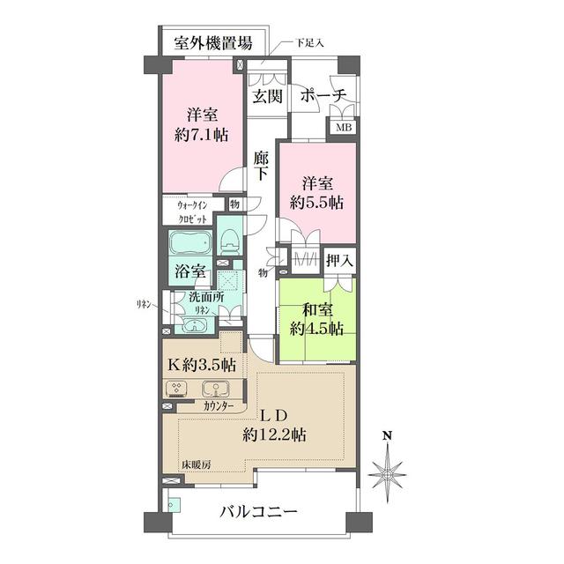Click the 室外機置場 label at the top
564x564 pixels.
pos(215,41)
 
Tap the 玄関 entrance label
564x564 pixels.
pos(268,96)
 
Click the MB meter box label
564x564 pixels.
pos(341,127)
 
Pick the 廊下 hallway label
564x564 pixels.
pos(261,166)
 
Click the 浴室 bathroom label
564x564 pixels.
pos(190,273)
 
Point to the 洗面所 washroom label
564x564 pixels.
pos(206,298)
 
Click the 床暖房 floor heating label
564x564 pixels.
pos(195,464)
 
